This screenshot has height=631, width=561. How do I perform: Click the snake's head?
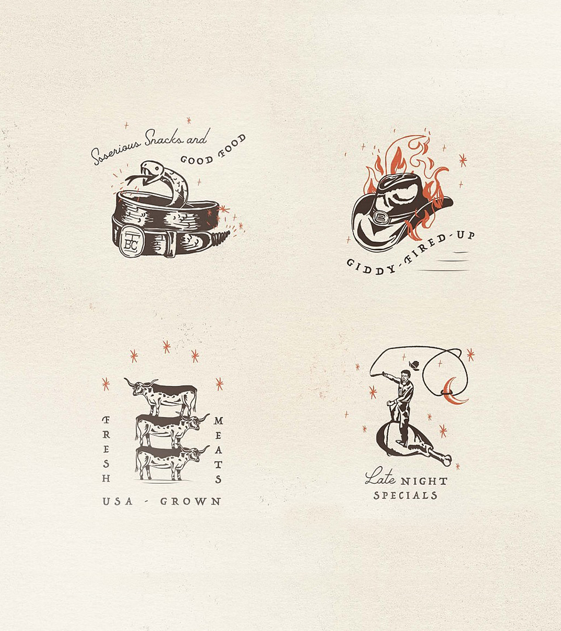pyautogui.click(x=151, y=169)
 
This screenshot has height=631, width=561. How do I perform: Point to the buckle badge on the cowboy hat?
pyautogui.click(x=380, y=218)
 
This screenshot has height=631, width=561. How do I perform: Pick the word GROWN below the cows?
pyautogui.click(x=191, y=501)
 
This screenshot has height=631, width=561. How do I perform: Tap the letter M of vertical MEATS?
pyautogui.click(x=218, y=421)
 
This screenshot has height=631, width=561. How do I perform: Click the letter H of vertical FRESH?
pyautogui.click(x=106, y=479)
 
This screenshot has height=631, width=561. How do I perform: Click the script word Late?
pyautogui.click(x=380, y=476)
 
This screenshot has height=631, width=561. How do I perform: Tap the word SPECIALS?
pyautogui.click(x=405, y=495)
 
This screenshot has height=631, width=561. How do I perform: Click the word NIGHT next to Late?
pyautogui.click(x=424, y=481)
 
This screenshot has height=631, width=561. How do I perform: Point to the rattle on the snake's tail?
pyautogui.click(x=220, y=238)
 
